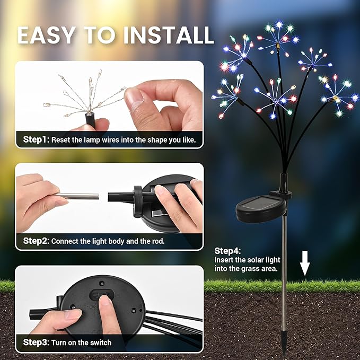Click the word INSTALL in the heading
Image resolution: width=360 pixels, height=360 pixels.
point(169,34)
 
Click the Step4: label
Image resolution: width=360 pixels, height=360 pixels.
point(227,251)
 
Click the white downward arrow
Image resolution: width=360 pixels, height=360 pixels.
point(304,264)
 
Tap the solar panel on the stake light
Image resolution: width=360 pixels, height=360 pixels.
point(260,206)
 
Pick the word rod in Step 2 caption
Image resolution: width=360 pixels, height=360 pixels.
point(159,241)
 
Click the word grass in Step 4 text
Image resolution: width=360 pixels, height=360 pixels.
point(245,269)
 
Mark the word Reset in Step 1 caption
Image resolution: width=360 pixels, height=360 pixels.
point(62,140)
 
